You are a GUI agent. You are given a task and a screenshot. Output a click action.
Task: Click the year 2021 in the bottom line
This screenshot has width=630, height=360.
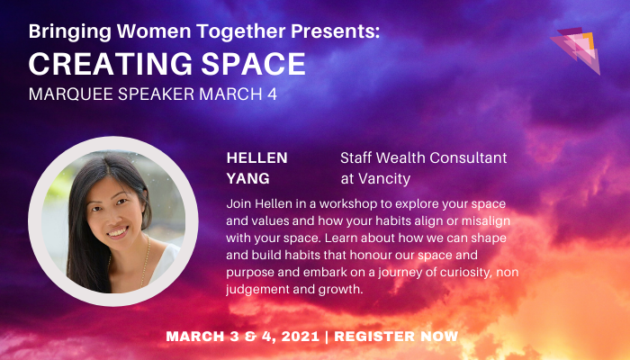292,337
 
